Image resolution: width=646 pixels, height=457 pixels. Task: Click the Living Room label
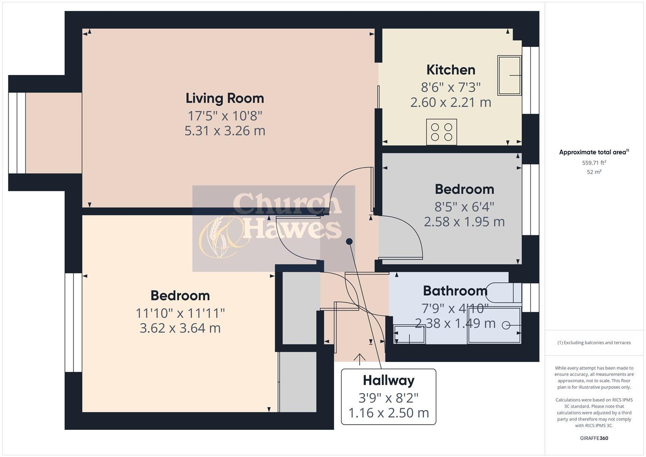point(225,98)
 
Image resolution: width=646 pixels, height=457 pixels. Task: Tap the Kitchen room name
point(451,70)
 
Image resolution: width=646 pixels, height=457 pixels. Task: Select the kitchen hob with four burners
point(441,132)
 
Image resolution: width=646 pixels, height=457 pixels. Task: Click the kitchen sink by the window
point(509,75)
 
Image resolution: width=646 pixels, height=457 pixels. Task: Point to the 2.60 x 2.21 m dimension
point(451,102)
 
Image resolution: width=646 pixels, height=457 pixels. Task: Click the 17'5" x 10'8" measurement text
point(225,115)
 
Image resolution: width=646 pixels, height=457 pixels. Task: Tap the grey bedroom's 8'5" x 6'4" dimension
point(464,206)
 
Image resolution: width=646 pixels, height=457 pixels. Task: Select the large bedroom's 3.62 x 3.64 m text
point(180,328)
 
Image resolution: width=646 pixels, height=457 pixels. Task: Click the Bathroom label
point(455,291)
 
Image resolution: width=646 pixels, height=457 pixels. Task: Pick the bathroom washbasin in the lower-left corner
point(409,334)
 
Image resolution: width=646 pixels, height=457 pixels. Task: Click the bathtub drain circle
point(506,325)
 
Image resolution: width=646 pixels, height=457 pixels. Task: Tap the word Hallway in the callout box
point(388,380)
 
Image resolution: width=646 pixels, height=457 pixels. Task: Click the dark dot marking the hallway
point(349,242)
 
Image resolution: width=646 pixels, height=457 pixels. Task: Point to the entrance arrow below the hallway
point(360,359)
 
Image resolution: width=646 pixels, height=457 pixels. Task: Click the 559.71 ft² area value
point(594,162)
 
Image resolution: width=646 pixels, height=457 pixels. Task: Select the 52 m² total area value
point(594,172)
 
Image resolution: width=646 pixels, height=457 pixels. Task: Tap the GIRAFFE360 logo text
point(594,438)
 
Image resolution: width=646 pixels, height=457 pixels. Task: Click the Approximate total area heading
point(594,152)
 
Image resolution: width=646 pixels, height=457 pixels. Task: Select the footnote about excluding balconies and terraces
point(594,343)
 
